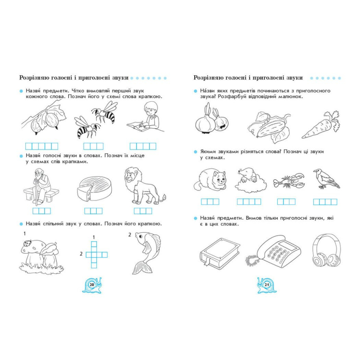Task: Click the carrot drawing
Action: pos(321,126)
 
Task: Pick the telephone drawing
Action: pos(273,251)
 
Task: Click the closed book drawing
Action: pos(220,253)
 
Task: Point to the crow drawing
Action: pos(326,179)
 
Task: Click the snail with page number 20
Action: pos(92,285)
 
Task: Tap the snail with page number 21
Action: pos(267,285)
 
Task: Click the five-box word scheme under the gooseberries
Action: pos(41,146)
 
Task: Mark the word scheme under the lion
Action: pos(143,211)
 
